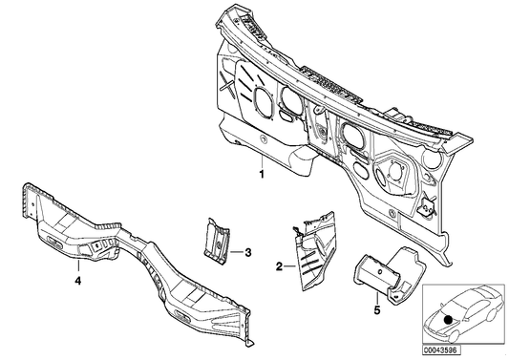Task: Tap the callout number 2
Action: click(x=278, y=270)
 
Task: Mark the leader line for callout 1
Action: click(x=263, y=159)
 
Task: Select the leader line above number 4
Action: click(x=78, y=267)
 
